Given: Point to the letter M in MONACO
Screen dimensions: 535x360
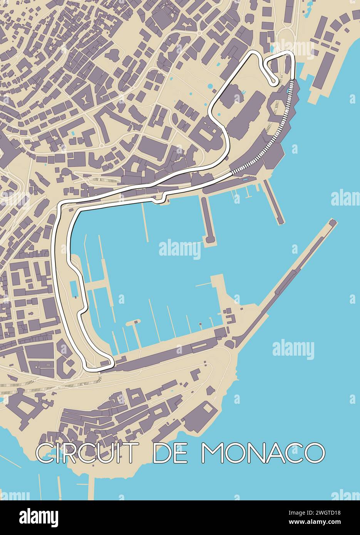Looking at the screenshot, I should click(212, 453).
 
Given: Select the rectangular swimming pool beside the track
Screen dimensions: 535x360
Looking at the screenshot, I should click(74, 289).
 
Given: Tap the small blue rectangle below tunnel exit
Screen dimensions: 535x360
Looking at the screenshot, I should click(245, 179).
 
